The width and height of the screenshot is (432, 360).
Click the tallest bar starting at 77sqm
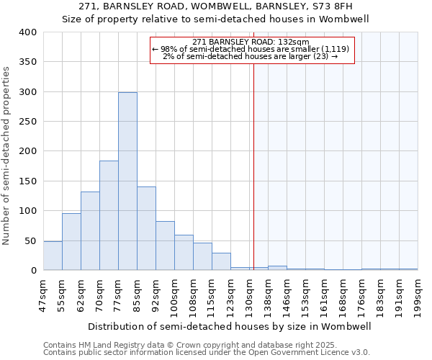tap(127, 181)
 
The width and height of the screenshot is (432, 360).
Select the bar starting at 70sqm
tap(109, 215)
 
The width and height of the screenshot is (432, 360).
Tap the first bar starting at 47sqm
tap(53, 256)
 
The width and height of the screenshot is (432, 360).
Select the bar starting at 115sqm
tap(221, 261)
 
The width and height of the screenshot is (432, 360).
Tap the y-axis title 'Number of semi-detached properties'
tap(6, 155)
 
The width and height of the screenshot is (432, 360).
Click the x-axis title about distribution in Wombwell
tap(229, 326)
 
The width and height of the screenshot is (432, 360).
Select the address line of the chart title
tap(215, 6)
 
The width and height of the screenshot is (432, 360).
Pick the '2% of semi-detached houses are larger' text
tap(251, 56)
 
